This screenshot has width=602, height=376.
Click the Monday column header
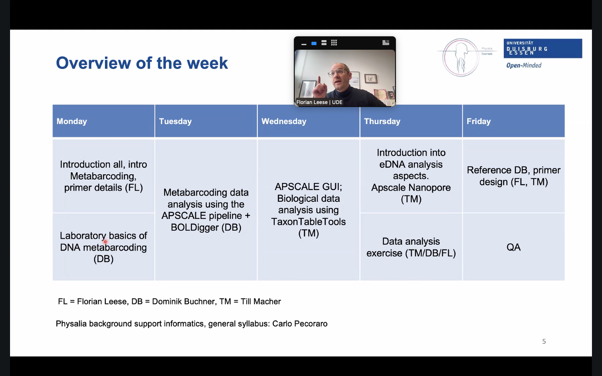104,121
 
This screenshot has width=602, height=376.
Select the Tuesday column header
206,121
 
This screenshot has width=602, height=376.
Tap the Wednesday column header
309,121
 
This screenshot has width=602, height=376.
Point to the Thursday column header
411,121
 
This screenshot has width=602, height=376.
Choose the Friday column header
513,121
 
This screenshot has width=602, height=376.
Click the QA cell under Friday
513,247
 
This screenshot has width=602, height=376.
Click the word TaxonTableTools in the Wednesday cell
308,221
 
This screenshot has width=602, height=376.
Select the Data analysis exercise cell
411,247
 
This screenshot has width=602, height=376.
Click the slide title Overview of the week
142,63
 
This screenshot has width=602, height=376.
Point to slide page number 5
544,341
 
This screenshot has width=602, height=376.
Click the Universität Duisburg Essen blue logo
543,48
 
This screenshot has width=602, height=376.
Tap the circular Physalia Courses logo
461,57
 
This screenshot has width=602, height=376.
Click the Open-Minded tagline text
524,65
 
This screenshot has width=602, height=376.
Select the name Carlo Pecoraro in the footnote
300,324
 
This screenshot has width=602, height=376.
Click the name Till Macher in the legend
261,301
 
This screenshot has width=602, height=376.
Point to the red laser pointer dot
105,242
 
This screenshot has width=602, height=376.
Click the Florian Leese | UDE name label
319,102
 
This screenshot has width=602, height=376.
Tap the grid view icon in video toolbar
334,43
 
